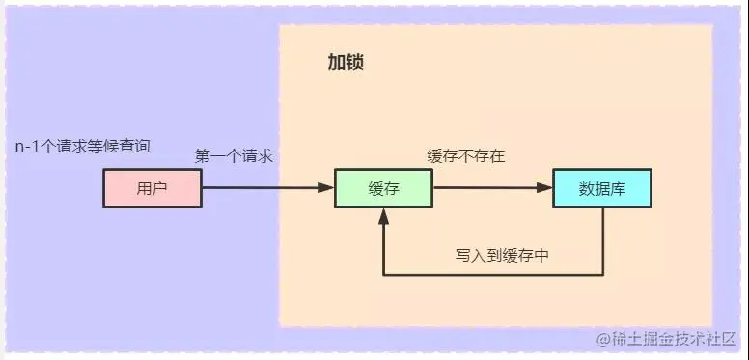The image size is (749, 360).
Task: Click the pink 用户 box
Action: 153,188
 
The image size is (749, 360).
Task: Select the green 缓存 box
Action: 384,188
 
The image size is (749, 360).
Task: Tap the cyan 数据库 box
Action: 602,188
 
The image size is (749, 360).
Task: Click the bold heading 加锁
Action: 346,65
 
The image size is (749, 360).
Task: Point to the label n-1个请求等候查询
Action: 82,147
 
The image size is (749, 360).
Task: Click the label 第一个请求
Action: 235,155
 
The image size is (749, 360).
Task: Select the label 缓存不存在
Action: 466,155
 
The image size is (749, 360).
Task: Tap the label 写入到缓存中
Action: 503,256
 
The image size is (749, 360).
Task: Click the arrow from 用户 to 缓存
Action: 261,188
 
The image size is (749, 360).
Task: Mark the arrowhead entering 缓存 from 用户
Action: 327,188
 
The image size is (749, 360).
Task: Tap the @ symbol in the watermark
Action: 603,340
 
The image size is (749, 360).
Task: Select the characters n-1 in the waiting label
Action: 27,147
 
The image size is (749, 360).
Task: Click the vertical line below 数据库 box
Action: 602,241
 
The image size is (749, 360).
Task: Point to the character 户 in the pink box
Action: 160,188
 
